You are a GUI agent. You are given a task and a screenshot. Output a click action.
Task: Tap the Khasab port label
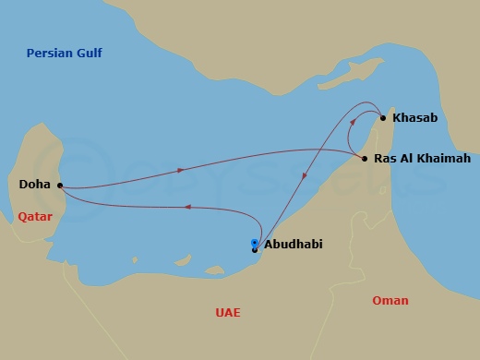coord(414,118)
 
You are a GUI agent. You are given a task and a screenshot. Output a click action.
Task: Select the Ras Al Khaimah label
coord(422,159)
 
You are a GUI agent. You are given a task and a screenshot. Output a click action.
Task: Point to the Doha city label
coord(35,185)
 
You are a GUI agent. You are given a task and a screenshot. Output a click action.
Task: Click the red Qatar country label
coord(35,217)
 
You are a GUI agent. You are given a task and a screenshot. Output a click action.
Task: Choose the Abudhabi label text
coord(293,246)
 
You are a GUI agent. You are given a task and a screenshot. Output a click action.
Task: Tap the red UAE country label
coord(227,313)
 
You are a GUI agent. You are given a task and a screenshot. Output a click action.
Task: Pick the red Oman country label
coord(390,301)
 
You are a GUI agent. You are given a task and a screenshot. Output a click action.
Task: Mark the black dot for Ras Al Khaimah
coord(365,159)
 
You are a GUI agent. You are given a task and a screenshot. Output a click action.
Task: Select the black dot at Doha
coord(59,185)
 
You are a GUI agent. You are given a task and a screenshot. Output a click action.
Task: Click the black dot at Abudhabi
coord(255,249)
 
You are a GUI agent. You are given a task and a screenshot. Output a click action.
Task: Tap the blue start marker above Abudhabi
coord(255,243)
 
